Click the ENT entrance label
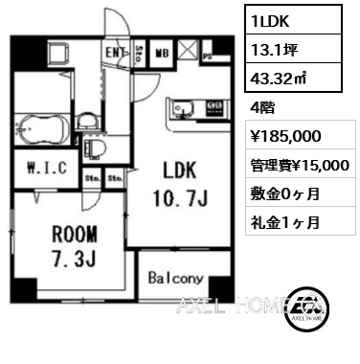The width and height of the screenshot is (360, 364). coord(115,53)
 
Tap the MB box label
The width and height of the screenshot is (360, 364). coord(162,53)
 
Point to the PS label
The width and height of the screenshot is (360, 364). coord(208,57)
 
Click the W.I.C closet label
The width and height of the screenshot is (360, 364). coord(47,168)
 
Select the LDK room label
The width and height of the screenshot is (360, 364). coord(180,171)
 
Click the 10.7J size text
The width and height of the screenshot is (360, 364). coord(181,197)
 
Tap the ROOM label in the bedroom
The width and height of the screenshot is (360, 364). coord(75,234)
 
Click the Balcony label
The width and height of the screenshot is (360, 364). coord(176,279)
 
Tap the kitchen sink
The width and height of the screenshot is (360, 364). coord(182,109)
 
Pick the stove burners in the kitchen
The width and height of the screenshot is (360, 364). coord(214,107)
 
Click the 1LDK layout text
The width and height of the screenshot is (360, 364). coord(270,21)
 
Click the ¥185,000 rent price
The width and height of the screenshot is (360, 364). coord(286,136)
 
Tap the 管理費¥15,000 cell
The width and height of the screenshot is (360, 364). coord(301,164)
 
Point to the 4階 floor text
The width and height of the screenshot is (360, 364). coord(262,108)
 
